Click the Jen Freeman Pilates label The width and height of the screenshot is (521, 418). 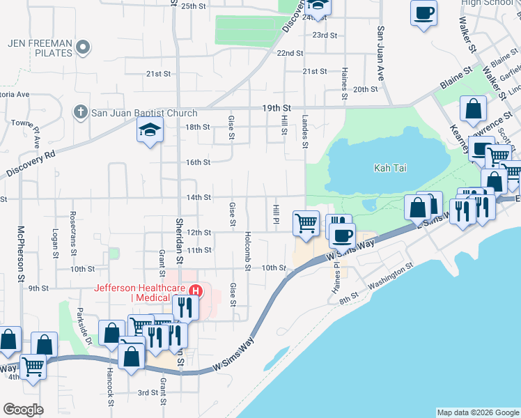(x=40, y=47)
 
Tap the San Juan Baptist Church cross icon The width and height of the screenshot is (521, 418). (x=81, y=111)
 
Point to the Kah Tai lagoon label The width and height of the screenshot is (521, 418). (x=390, y=168)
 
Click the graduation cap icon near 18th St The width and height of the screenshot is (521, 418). (x=150, y=130)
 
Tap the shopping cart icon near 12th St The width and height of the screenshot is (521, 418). (x=306, y=223)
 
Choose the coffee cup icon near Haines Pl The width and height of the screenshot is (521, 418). (x=342, y=235)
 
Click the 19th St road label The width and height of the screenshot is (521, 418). (x=276, y=107)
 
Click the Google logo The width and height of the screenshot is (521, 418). (x=23, y=409)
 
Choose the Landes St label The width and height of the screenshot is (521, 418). (x=305, y=132)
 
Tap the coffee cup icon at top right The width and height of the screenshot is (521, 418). (x=423, y=12)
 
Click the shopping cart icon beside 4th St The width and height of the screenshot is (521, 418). (x=33, y=366)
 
